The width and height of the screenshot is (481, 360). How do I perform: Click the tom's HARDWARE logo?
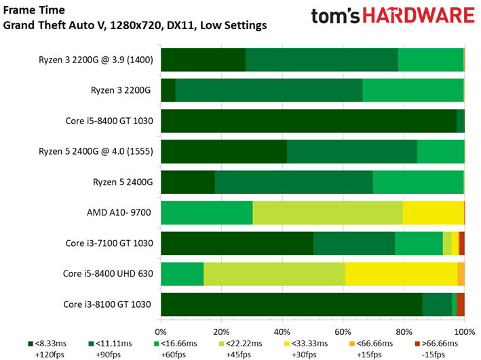(393, 18)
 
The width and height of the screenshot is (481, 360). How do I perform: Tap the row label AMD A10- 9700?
(119, 213)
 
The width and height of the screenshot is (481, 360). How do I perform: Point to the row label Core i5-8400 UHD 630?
(108, 274)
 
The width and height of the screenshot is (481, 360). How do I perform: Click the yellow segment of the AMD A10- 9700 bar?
(433, 213)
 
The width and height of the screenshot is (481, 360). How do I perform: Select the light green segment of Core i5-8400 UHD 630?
(274, 274)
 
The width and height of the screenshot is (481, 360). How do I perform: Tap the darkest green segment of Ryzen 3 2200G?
(168, 91)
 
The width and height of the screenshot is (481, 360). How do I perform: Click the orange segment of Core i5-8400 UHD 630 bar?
(461, 274)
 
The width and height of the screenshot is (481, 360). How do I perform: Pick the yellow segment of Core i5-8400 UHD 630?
(400, 274)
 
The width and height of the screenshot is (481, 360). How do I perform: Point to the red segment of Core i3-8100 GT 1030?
(461, 304)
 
